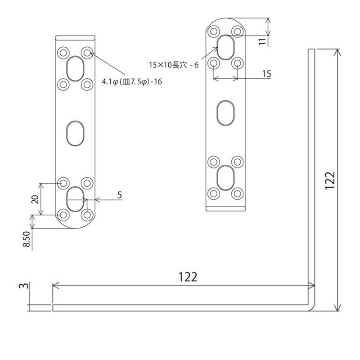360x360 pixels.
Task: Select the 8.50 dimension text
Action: click(x=27, y=239)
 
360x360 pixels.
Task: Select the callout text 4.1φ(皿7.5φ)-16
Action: click(x=133, y=82)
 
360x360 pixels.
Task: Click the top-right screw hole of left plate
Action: click(x=87, y=52)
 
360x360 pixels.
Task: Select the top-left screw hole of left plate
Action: click(x=63, y=52)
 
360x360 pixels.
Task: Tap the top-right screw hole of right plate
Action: click(x=237, y=31)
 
